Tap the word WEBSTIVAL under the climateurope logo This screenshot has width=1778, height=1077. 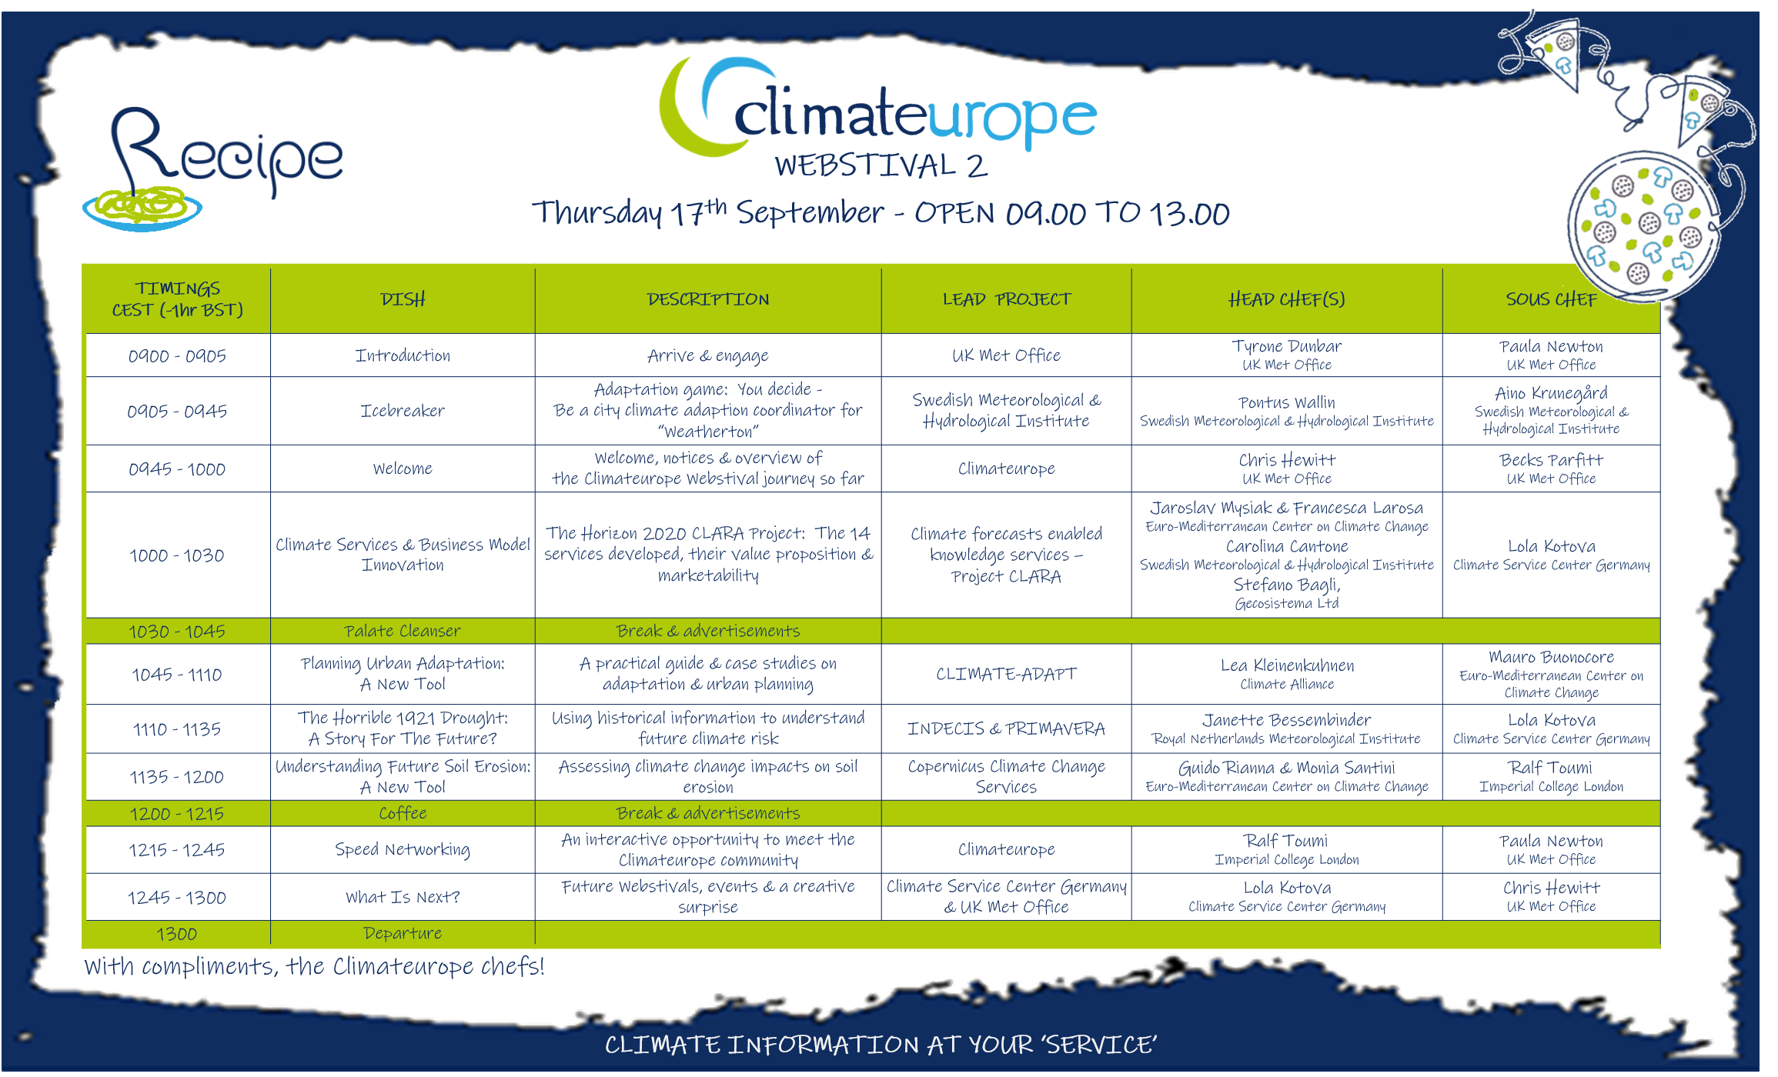(865, 165)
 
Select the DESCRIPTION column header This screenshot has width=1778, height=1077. (708, 299)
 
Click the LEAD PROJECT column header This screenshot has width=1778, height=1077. (1007, 299)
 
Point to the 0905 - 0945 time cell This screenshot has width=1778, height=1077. (177, 411)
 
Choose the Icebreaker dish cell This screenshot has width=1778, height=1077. (403, 411)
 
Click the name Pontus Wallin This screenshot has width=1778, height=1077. (1287, 402)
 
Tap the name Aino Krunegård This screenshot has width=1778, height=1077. (1551, 393)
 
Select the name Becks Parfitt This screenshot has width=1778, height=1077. (1551, 460)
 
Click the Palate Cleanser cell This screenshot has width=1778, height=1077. (403, 631)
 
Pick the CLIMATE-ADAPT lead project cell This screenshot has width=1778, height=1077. (1007, 674)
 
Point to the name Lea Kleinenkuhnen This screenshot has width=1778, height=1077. (1287, 665)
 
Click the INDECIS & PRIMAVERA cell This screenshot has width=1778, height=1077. (1007, 729)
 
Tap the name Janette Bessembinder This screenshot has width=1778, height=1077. (1287, 720)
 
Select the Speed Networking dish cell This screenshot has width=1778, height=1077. (403, 849)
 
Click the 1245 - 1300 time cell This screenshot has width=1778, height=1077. (177, 897)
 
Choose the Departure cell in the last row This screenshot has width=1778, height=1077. (403, 933)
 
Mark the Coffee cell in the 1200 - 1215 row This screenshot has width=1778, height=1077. (403, 813)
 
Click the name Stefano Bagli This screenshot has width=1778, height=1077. (1287, 585)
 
